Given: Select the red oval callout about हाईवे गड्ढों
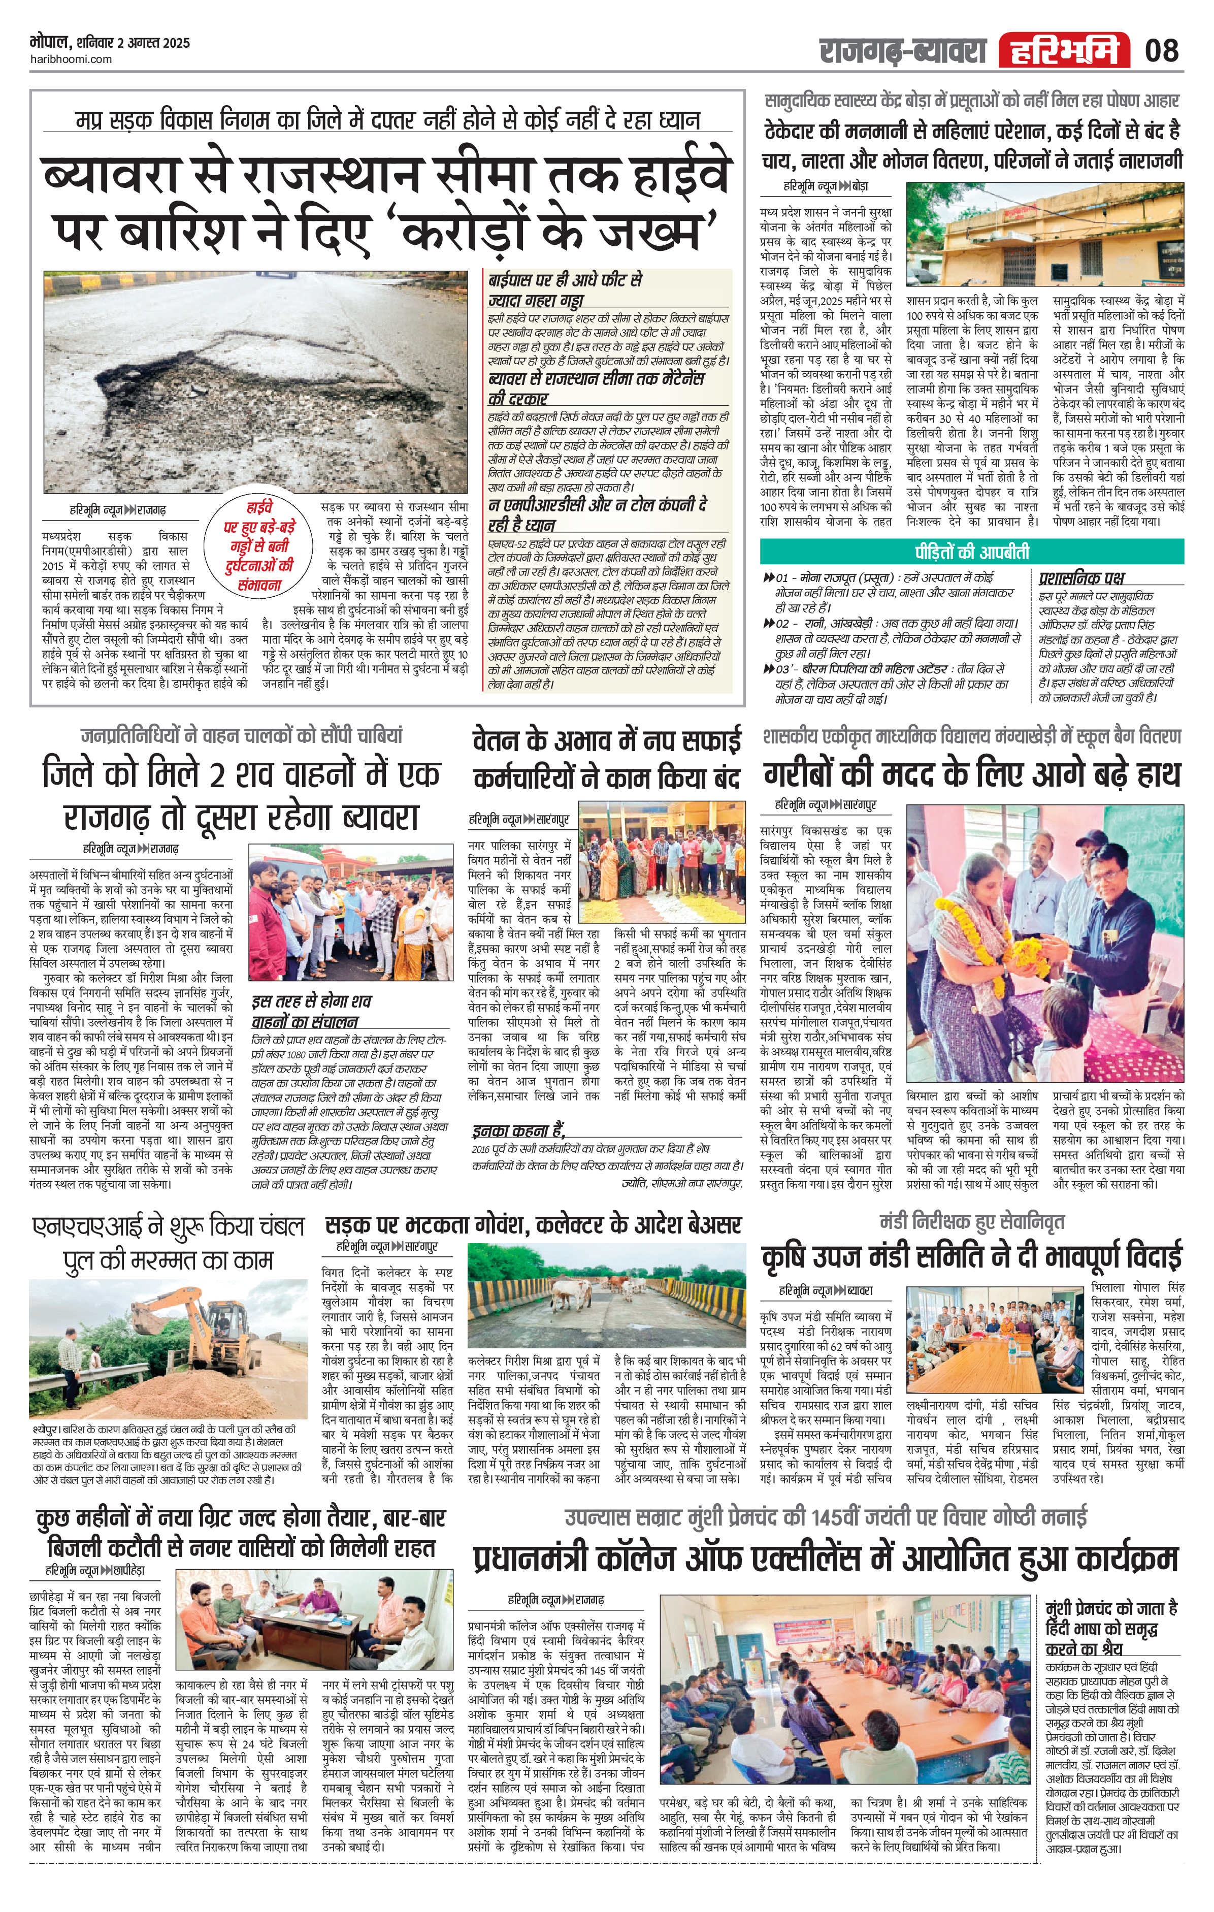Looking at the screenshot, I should pos(259,545).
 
